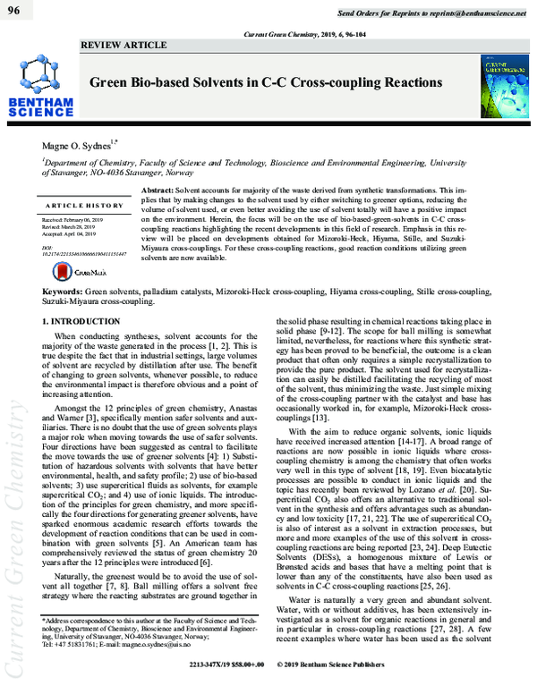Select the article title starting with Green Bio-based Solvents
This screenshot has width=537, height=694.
tap(264, 82)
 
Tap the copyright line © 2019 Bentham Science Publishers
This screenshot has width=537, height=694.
tap(340, 688)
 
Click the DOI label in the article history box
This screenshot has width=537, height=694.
tap(47, 246)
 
